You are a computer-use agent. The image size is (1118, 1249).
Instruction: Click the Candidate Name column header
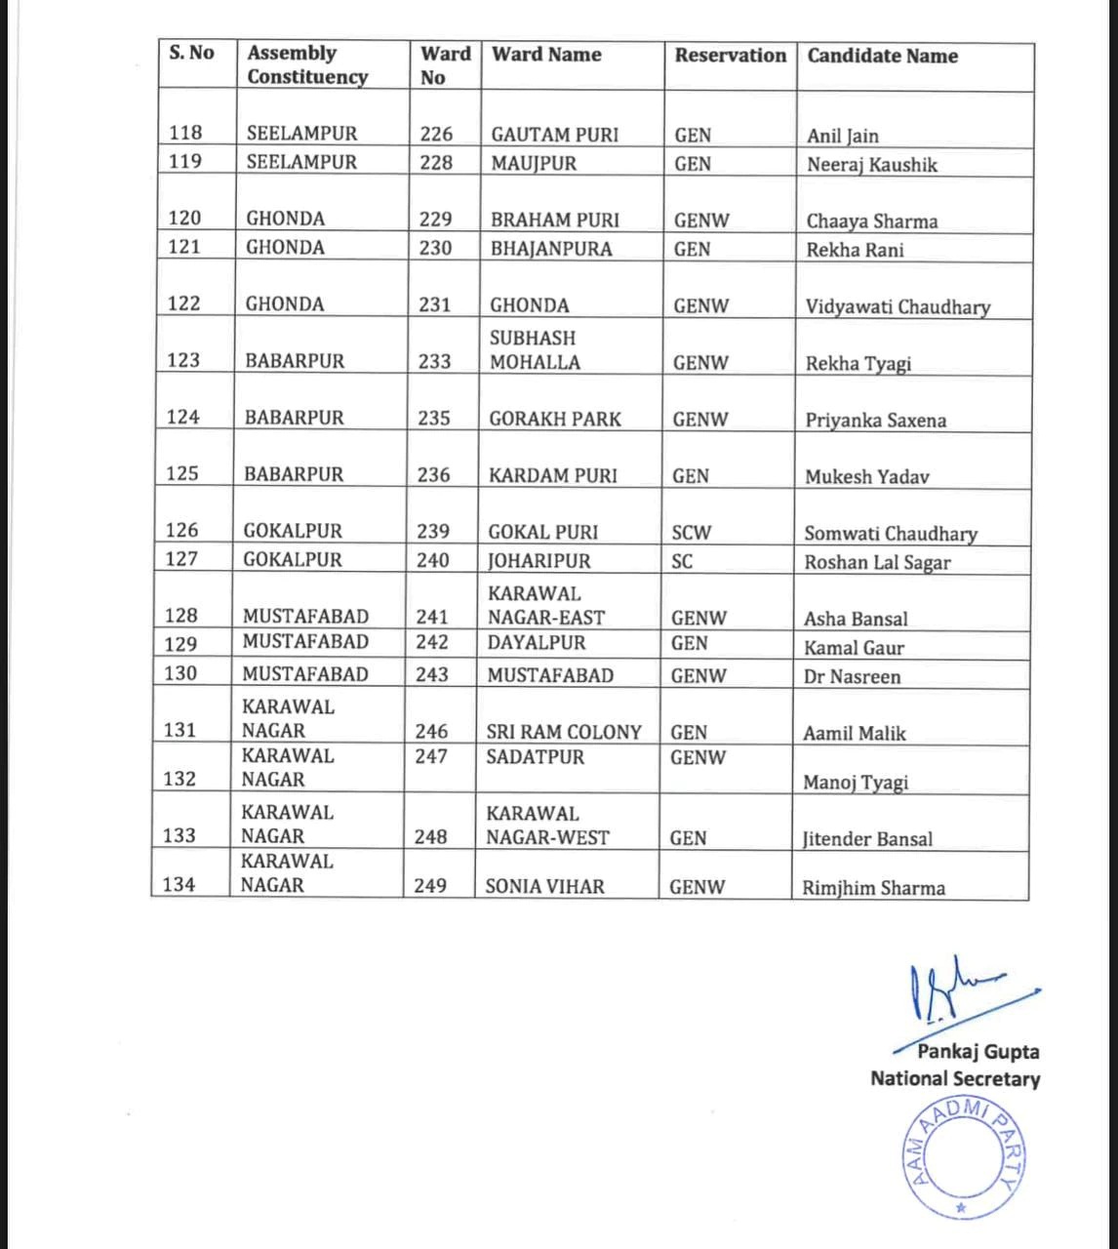tap(882, 57)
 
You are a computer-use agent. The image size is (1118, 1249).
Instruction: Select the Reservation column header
tap(730, 56)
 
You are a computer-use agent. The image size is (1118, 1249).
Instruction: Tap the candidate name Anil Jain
tap(842, 137)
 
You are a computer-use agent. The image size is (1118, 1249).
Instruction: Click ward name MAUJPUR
tap(534, 164)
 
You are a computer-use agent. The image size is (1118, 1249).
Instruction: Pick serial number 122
tap(183, 303)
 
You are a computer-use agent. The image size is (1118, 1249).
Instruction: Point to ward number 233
tap(434, 362)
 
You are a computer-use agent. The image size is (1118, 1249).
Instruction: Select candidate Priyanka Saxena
tap(875, 421)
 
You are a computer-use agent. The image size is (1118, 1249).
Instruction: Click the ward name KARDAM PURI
tap(553, 476)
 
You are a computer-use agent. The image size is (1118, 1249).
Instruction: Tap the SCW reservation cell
tap(692, 533)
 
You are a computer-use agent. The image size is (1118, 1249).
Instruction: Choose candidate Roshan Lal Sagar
tap(877, 562)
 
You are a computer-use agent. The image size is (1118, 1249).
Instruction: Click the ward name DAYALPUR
tap(537, 643)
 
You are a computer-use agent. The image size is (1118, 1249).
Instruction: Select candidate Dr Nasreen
tap(852, 676)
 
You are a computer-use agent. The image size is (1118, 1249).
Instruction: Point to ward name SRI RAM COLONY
tap(564, 732)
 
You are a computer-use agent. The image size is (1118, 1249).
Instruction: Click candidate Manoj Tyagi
tap(855, 783)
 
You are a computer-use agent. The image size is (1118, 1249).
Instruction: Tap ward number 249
tap(429, 886)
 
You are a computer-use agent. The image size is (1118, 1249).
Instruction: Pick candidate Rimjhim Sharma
tap(873, 888)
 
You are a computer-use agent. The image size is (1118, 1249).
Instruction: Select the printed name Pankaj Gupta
tap(978, 1052)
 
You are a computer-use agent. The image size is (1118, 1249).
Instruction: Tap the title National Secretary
tap(954, 1079)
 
